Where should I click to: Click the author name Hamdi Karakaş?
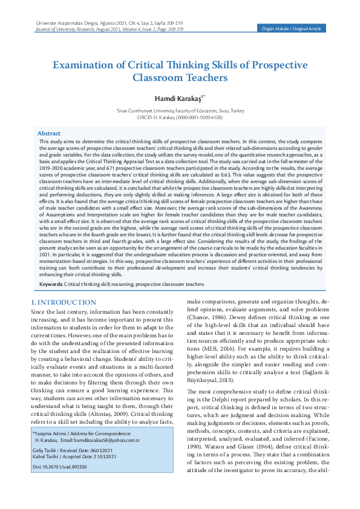(178, 98)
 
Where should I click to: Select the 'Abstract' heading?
(49, 133)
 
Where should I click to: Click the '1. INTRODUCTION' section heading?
(64, 302)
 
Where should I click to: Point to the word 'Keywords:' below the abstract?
(51, 284)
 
